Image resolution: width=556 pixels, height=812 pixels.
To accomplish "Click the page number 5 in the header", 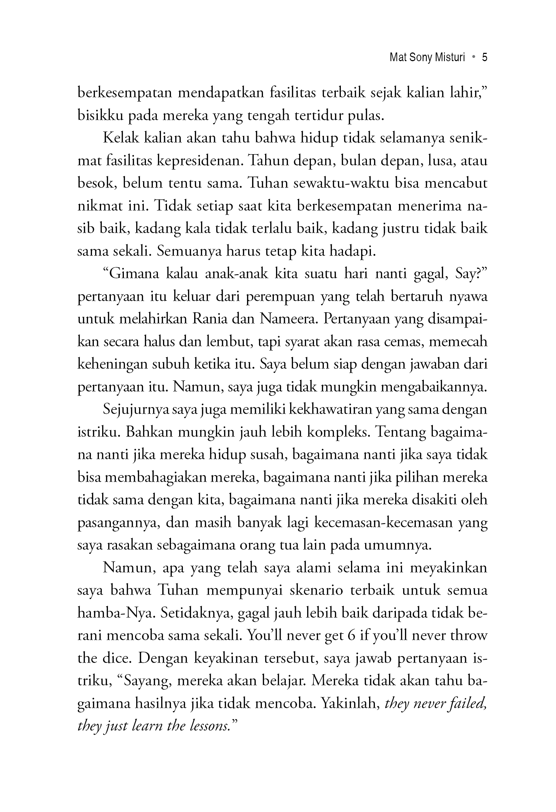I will tap(485, 58).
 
